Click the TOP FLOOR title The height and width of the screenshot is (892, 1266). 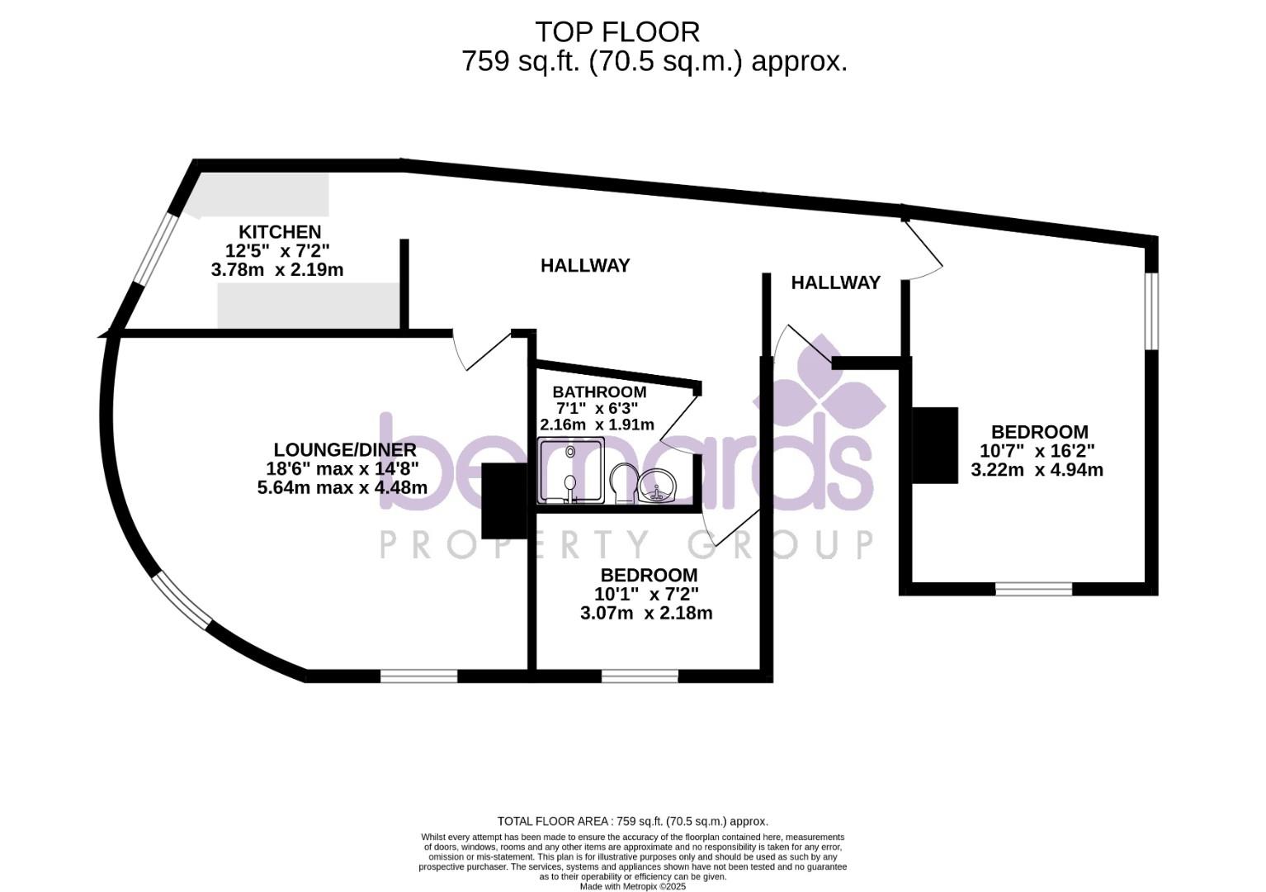tap(616, 32)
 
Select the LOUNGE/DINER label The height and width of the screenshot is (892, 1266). tap(345, 450)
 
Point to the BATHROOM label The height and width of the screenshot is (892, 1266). tap(599, 391)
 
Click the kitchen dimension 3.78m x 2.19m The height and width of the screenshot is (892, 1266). tap(277, 270)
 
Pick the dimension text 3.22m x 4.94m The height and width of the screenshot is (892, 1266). tap(1037, 470)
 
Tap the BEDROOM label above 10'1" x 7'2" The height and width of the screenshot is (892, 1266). tap(649, 575)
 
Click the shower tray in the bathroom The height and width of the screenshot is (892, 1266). tap(570, 470)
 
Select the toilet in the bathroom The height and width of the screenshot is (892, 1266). tap(622, 482)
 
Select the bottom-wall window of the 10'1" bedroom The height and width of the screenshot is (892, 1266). tap(640, 676)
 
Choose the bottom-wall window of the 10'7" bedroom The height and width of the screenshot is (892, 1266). tap(1033, 589)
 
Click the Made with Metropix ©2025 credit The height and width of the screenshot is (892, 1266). tap(632, 886)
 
